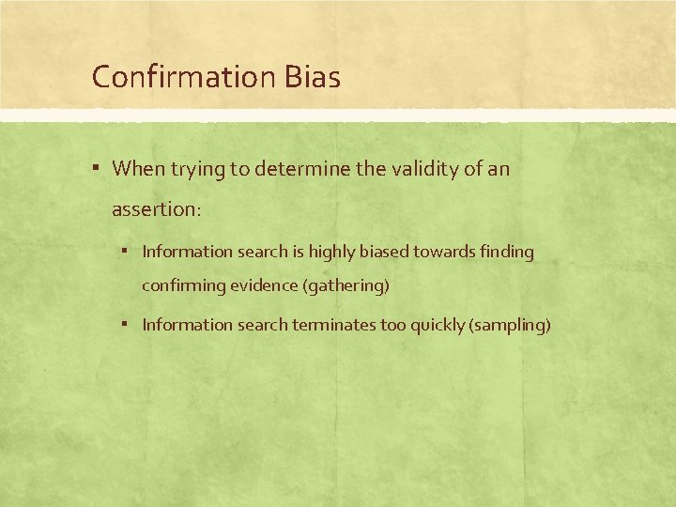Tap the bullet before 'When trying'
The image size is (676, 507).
98,169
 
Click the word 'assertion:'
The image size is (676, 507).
156,209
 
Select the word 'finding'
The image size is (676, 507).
506,252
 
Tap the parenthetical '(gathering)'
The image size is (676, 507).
346,285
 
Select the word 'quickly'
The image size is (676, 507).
436,325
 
